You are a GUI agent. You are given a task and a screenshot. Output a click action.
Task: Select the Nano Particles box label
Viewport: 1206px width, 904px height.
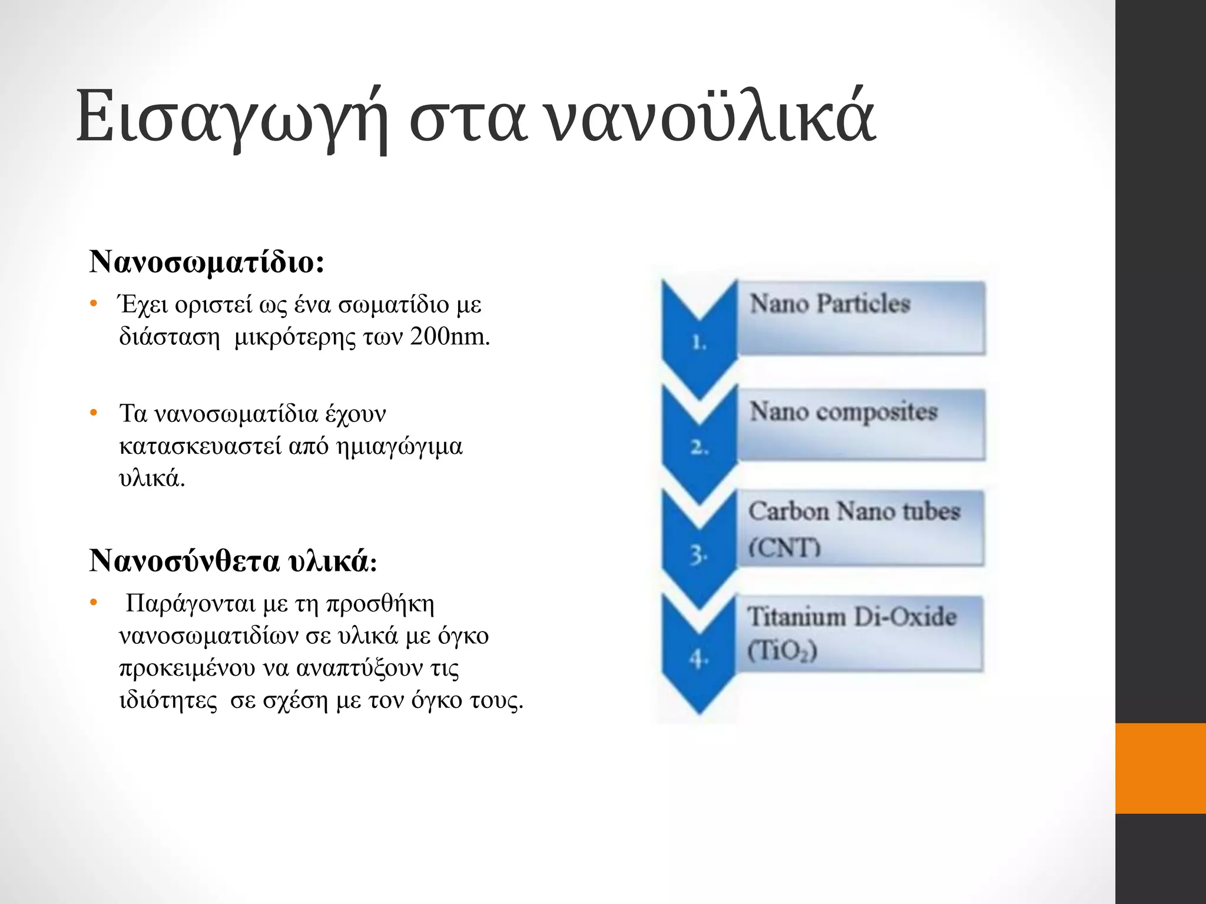(830, 304)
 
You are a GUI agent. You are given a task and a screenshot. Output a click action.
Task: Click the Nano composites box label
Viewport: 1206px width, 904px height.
(843, 411)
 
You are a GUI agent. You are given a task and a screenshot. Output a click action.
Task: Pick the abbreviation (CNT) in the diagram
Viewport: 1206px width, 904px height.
(784, 547)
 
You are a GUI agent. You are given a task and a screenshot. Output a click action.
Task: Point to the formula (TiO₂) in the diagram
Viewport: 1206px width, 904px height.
(782, 651)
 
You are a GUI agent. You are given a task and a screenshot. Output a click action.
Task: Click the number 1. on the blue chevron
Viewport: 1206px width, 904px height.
(698, 342)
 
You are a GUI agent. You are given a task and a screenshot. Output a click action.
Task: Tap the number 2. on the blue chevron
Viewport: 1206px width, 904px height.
(699, 448)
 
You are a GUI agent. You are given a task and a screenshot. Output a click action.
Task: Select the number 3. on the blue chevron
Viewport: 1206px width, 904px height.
(698, 554)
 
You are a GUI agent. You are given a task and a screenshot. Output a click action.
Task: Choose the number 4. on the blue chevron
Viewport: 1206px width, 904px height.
(698, 660)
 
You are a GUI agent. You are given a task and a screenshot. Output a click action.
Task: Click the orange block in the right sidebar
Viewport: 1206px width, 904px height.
(1160, 768)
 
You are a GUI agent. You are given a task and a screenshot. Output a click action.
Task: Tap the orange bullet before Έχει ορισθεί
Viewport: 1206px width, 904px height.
(93, 304)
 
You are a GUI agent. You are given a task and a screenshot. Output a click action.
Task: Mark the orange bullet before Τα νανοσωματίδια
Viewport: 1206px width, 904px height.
(93, 413)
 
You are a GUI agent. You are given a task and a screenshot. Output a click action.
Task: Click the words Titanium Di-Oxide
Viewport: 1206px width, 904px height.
(852, 617)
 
